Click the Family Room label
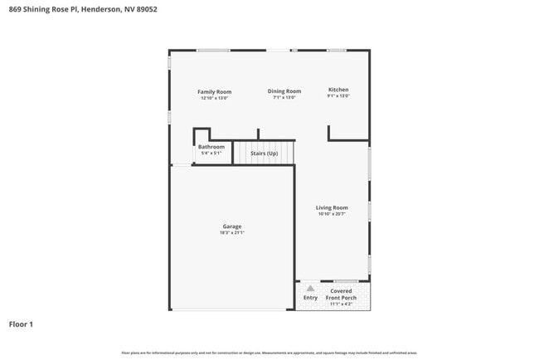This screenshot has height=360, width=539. [214, 91]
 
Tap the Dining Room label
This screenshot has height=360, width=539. [284, 91]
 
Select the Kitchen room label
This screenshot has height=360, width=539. [338, 89]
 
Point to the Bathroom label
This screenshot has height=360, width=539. [211, 147]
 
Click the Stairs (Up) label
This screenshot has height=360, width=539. [265, 153]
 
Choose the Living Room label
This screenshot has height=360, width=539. [332, 207]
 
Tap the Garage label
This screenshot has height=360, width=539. [232, 226]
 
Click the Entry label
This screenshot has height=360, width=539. [310, 297]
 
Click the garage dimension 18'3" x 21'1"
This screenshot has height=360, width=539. [232, 233]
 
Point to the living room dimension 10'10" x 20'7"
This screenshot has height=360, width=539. [332, 215]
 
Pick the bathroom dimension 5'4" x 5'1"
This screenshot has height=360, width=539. [211, 153]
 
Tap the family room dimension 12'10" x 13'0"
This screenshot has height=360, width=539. [214, 98]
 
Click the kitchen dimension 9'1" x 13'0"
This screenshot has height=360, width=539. [338, 96]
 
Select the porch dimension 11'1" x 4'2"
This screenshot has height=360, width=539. [341, 304]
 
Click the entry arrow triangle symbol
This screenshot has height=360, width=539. [310, 289]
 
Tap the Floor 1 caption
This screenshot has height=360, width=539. [21, 324]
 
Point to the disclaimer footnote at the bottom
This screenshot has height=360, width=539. [269, 353]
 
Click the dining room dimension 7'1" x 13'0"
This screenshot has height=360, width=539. [284, 98]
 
